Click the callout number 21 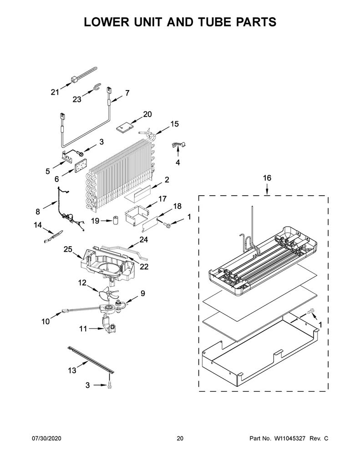[55, 92]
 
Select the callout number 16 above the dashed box [267, 178]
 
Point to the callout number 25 [68, 249]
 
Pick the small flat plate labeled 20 [124, 128]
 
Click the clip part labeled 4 [178, 145]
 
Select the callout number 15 [174, 124]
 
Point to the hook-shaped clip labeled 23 [96, 86]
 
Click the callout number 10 [46, 321]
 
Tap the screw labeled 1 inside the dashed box [311, 311]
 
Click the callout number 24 [143, 239]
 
